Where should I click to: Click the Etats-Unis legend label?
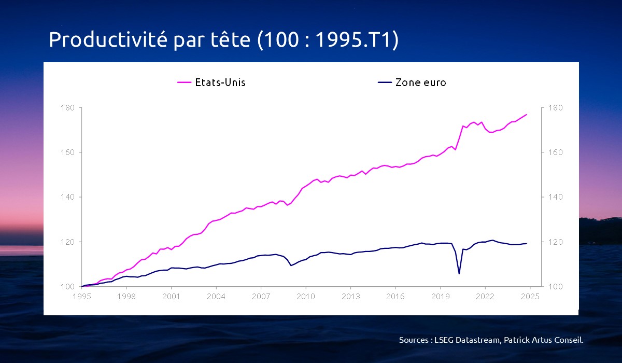coord(220,82)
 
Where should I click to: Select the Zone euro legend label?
coord(420,82)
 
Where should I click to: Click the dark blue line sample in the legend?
coord(385,82)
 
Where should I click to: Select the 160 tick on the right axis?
coord(553,152)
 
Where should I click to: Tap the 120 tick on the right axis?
coord(553,242)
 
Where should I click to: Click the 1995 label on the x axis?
coord(81,297)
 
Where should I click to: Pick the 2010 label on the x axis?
coord(306,297)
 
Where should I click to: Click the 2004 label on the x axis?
coord(216,297)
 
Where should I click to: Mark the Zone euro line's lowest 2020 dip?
coord(459,274)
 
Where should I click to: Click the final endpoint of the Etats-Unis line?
coord(527,114)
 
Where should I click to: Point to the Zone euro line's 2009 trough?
coord(291,266)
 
